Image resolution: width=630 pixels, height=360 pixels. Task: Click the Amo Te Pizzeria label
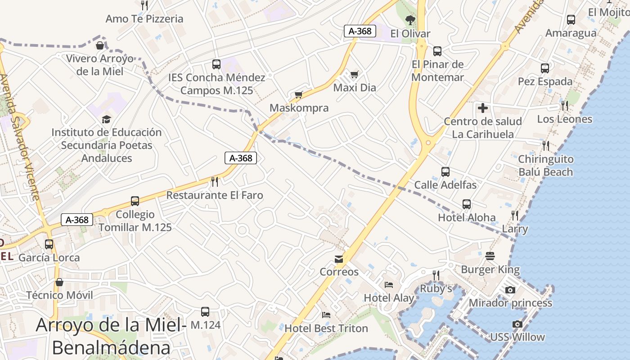click(x=144, y=19)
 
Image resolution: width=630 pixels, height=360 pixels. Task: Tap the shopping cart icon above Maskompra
click(x=298, y=94)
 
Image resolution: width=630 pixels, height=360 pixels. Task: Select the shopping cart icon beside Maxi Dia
click(x=355, y=74)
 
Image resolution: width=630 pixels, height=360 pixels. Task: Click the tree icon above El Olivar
click(x=410, y=20)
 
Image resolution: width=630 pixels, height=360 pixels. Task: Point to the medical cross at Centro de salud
click(x=482, y=108)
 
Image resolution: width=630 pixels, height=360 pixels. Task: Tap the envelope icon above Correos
click(x=339, y=259)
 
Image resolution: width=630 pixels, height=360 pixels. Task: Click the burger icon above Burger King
click(x=490, y=256)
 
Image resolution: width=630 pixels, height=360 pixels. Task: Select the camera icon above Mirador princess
click(x=510, y=290)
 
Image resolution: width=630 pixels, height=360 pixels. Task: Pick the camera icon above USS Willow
click(x=517, y=324)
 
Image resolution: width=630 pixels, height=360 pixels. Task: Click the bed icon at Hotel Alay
click(x=389, y=284)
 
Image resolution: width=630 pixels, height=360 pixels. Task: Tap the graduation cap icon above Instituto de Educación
click(x=106, y=119)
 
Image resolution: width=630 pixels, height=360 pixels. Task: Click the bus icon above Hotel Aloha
click(x=467, y=204)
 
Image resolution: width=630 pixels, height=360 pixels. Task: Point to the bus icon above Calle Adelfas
click(x=445, y=171)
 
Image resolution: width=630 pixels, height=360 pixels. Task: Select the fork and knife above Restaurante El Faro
click(x=215, y=182)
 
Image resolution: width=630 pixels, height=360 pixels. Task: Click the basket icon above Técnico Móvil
click(x=59, y=282)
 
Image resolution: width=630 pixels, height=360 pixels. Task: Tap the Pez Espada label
click(x=544, y=81)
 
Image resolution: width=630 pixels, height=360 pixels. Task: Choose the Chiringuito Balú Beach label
click(x=545, y=166)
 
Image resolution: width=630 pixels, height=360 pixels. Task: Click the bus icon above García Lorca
click(x=49, y=244)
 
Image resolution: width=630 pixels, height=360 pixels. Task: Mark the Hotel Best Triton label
click(x=326, y=328)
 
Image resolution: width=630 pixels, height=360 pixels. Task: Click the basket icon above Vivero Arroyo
click(x=100, y=45)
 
